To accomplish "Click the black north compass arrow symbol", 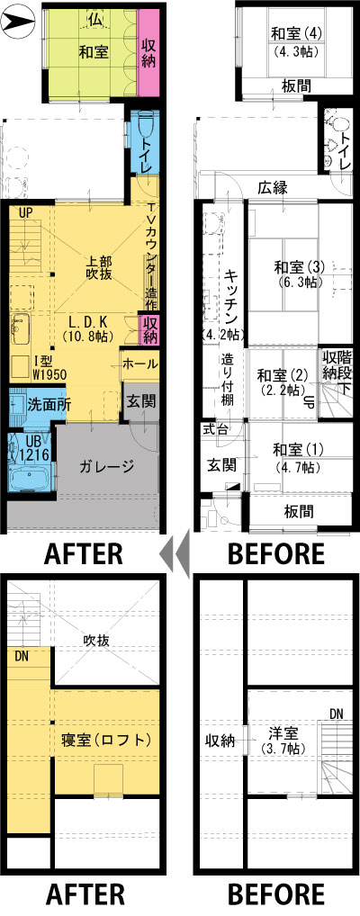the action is [19, 22].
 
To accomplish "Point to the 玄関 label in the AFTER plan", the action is [140, 401].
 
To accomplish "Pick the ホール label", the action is [139, 364].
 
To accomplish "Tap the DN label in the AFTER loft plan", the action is [22, 656].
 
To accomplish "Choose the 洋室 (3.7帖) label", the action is [284, 739].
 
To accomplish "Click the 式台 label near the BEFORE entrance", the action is [214, 429].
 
